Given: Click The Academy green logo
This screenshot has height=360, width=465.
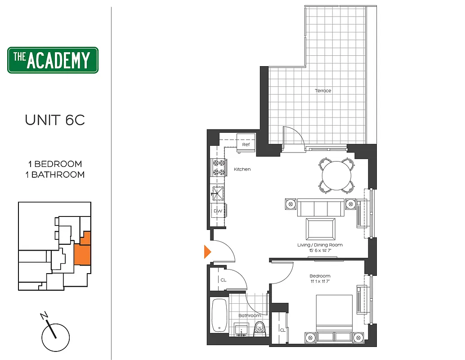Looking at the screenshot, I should pyautogui.click(x=53, y=60).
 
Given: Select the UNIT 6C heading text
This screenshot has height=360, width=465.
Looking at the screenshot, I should pyautogui.click(x=55, y=120).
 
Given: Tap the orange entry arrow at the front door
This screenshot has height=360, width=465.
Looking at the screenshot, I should pyautogui.click(x=207, y=252).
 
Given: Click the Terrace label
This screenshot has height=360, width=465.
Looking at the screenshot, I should pyautogui.click(x=323, y=91).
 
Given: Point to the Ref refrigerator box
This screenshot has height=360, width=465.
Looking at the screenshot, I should pyautogui.click(x=246, y=144).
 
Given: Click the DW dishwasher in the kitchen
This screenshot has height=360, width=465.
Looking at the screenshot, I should pyautogui.click(x=218, y=211).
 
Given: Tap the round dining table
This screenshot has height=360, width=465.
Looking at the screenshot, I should pyautogui.click(x=337, y=175).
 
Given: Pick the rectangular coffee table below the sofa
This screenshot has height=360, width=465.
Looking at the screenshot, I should pyautogui.click(x=320, y=229).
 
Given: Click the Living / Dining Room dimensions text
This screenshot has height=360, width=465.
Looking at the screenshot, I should pyautogui.click(x=320, y=251).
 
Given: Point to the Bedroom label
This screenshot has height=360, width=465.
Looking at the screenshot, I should pyautogui.click(x=320, y=276).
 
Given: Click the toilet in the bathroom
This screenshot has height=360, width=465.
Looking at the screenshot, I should pyautogui.click(x=259, y=328).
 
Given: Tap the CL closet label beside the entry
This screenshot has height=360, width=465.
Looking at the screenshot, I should pyautogui.click(x=223, y=280).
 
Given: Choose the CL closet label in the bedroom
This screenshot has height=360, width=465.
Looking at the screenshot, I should pyautogui.click(x=282, y=330).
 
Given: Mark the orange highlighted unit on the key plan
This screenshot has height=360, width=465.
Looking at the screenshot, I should pyautogui.click(x=82, y=252).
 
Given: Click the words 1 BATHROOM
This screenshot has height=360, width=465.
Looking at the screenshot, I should pyautogui.click(x=55, y=175).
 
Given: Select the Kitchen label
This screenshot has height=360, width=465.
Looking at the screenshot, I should pyautogui.click(x=242, y=170).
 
